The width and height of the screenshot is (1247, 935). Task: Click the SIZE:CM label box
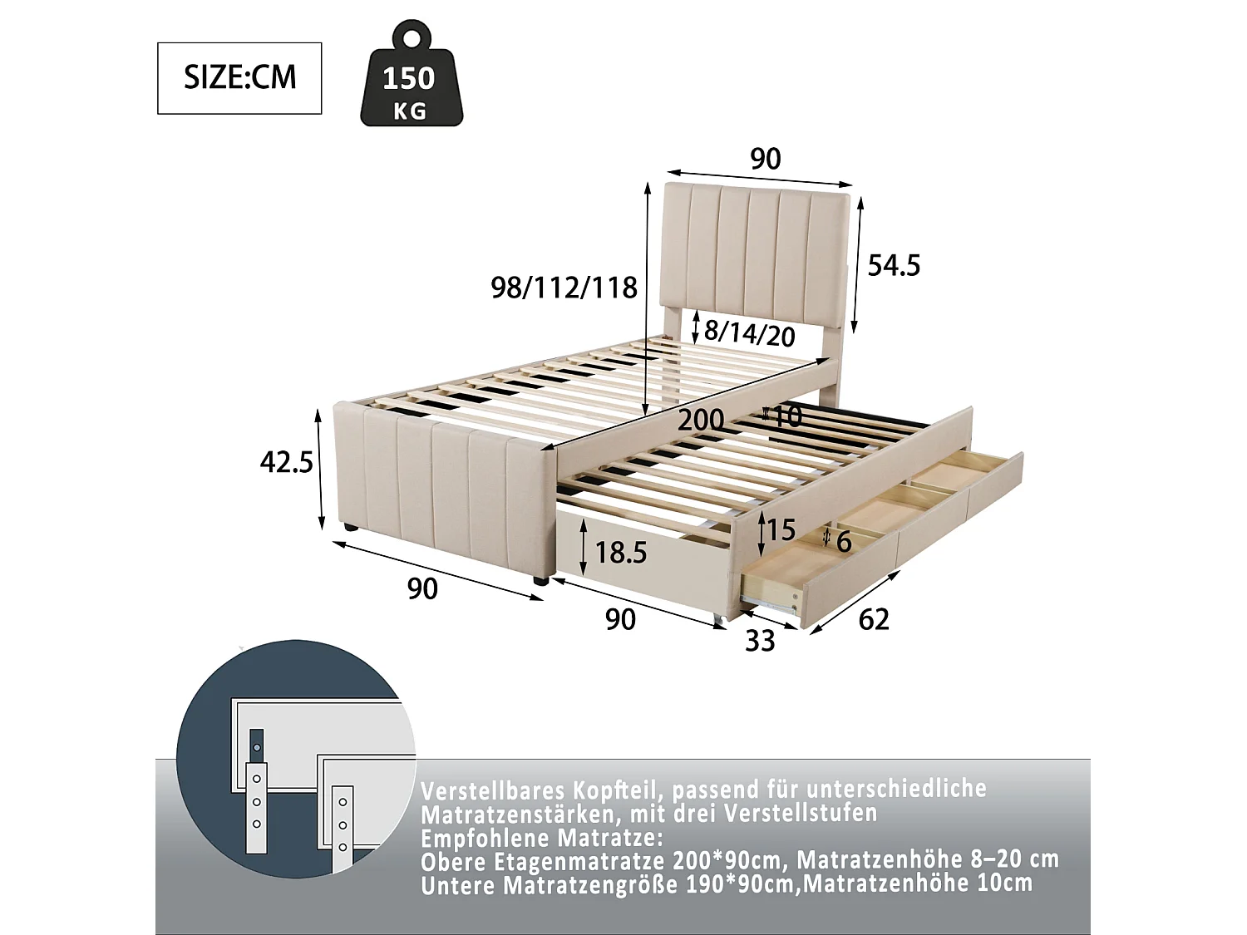239,78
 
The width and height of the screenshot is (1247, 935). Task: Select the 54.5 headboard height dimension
894,266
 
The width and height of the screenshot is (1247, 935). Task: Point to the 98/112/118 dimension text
564,288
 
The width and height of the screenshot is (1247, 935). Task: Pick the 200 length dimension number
701,420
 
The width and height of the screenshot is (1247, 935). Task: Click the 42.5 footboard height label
287,462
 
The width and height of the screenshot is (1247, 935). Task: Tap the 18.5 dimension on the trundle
621,553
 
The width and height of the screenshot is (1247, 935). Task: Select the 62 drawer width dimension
873,619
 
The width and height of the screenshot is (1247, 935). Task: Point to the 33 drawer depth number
760,641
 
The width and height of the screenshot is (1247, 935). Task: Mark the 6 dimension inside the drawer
844,542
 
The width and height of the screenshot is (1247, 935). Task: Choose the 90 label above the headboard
765,159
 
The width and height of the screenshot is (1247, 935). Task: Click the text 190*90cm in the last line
740,883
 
